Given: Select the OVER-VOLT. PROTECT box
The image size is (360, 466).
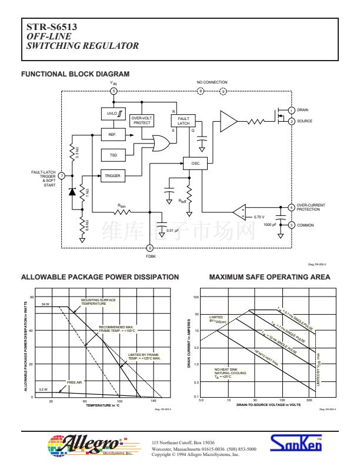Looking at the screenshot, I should click(x=142, y=121).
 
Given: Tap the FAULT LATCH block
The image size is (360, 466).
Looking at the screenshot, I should click(x=184, y=121).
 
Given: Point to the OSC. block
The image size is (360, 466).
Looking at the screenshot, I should click(x=195, y=163).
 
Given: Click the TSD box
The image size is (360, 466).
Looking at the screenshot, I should click(x=113, y=155).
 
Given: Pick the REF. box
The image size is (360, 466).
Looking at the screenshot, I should click(x=112, y=135).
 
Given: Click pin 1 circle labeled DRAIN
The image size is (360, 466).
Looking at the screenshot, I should click(x=291, y=110).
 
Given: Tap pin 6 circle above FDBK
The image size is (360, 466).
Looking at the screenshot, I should click(x=150, y=248).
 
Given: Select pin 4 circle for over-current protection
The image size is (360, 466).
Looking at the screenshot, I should click(x=291, y=207).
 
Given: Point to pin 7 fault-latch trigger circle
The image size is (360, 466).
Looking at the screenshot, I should click(x=62, y=175).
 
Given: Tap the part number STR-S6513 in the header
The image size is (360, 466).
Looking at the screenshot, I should click(x=52, y=27).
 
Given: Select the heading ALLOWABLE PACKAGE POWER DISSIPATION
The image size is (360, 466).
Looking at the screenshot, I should click(x=99, y=277).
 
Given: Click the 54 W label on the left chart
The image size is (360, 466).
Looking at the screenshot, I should click(x=46, y=304).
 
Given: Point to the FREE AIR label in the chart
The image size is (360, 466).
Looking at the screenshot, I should click(x=75, y=382).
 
